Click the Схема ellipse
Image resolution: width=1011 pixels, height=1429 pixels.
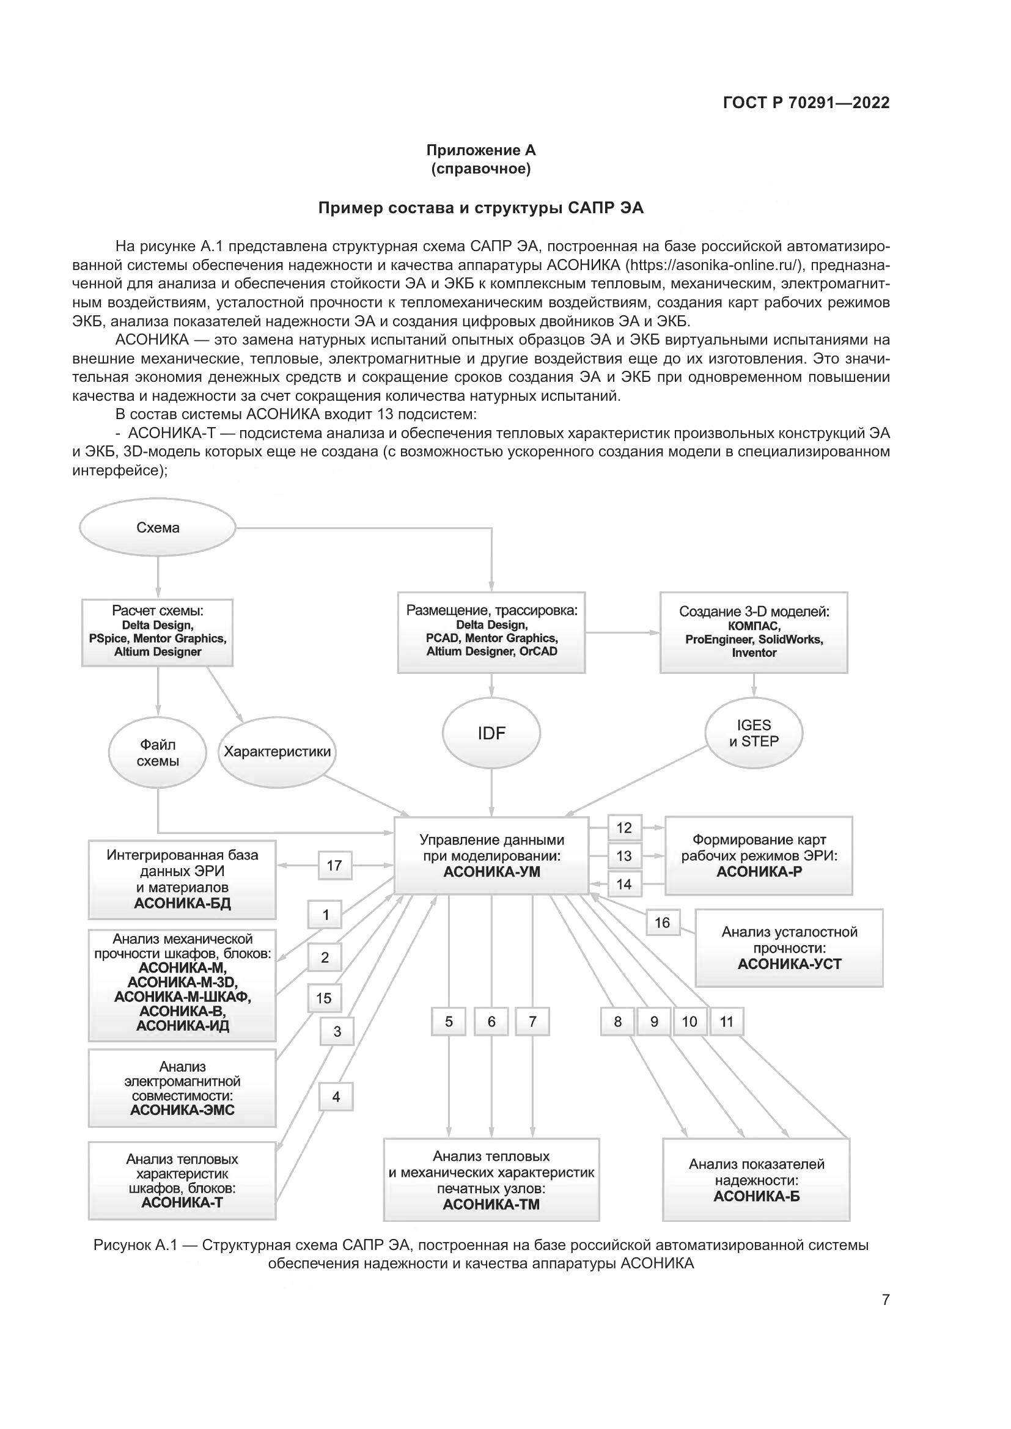[x=158, y=528]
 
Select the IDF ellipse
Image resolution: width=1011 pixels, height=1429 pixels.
[x=491, y=733]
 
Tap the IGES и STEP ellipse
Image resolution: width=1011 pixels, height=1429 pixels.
[x=754, y=733]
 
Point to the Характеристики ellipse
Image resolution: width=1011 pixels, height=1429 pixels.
[x=277, y=751]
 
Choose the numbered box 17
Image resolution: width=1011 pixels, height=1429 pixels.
[x=335, y=865]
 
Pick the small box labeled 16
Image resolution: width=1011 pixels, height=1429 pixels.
[x=663, y=923]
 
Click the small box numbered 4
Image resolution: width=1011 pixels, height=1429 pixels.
[x=336, y=1097]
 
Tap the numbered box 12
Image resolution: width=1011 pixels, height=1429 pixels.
[x=625, y=828]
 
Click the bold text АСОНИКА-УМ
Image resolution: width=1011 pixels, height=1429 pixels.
[x=492, y=872]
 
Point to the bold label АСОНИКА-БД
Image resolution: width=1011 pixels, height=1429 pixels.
[x=182, y=903]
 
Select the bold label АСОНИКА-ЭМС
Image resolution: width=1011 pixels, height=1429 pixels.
[x=182, y=1109]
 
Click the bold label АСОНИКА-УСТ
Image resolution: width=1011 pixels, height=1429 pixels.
[x=789, y=964]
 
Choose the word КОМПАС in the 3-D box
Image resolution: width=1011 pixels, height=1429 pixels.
[x=754, y=626]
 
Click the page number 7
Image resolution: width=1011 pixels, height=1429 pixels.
[x=886, y=1299]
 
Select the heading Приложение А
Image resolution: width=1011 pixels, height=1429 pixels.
[x=480, y=150]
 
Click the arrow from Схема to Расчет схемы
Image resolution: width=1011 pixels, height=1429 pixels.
[x=158, y=578]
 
